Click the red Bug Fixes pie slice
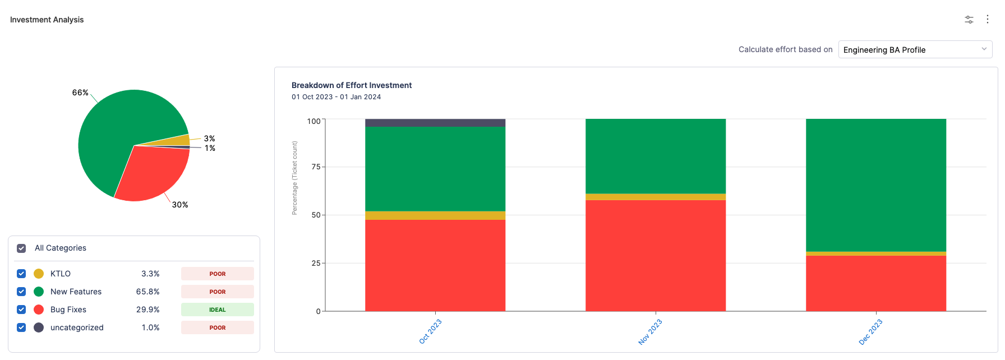point(151,174)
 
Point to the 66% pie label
point(80,93)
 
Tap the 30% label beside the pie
point(180,205)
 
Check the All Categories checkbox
point(21,248)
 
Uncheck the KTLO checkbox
point(21,274)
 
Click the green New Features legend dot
point(39,292)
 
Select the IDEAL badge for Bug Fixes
point(217,310)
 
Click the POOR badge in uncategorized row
point(217,327)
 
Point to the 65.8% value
point(147,292)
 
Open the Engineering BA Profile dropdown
point(915,50)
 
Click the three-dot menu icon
point(988,20)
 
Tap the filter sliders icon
point(969,20)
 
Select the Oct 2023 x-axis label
point(431,331)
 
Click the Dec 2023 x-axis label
point(871,331)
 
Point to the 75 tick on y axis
point(316,167)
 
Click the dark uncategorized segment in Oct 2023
point(435,123)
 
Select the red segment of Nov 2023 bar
point(656,255)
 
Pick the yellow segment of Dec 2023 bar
point(876,253)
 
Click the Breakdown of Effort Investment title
point(352,85)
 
